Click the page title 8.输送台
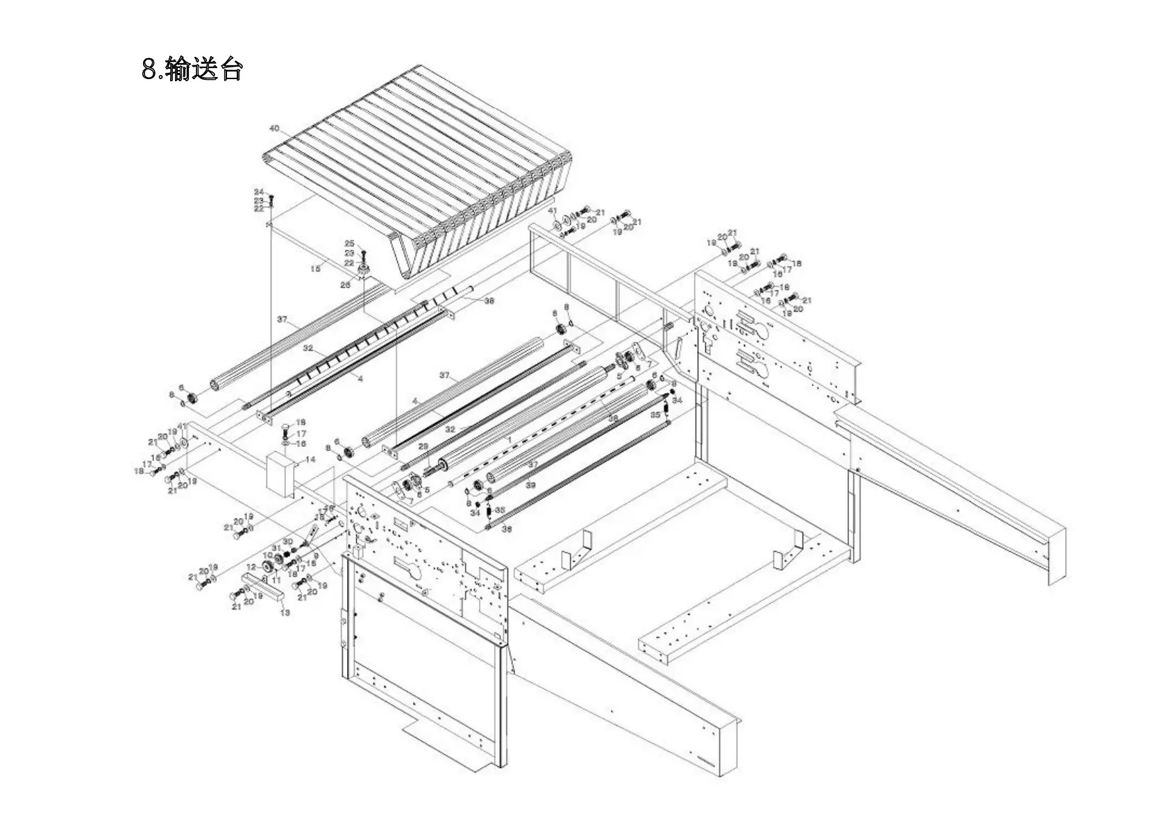(x=192, y=69)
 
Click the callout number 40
(x=274, y=128)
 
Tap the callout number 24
(x=259, y=192)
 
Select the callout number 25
(x=349, y=244)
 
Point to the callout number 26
(x=345, y=285)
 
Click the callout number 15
(x=315, y=269)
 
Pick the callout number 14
(x=310, y=460)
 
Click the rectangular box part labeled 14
(x=280, y=474)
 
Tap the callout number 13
(x=285, y=613)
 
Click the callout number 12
(x=251, y=567)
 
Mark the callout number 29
(x=423, y=446)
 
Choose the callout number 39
(x=530, y=484)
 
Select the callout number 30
(x=288, y=541)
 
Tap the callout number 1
(x=509, y=440)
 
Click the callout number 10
(x=267, y=556)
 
